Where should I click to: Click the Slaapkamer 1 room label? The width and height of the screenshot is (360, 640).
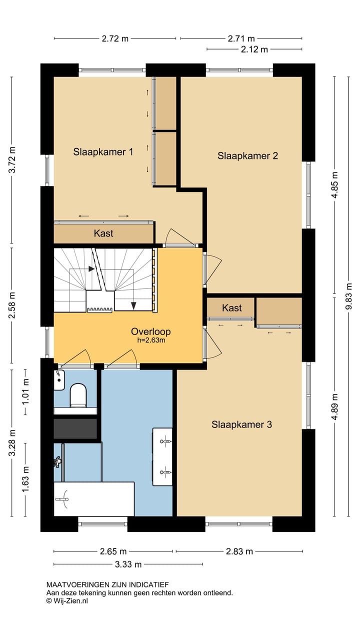coord(103,151)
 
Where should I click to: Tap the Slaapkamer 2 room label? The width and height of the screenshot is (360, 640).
coord(247,155)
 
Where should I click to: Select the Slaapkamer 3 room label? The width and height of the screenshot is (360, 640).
coord(241,424)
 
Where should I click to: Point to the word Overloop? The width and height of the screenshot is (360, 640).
coord(151,331)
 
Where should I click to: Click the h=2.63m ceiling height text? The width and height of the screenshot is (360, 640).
coord(151,340)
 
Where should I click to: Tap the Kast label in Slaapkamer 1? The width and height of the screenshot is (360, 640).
coord(103,233)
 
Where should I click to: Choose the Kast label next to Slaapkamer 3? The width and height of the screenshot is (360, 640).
coord(231,307)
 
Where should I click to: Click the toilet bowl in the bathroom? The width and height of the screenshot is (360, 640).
coord(78,395)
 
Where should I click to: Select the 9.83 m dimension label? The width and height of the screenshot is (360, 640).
coord(348,296)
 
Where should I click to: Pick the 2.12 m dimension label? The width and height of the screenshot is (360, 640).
coord(254,49)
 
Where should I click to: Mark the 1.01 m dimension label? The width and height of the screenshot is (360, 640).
coord(25,391)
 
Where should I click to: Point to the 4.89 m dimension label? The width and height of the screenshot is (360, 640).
coord(334,406)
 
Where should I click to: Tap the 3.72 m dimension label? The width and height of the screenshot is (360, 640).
coord(12,159)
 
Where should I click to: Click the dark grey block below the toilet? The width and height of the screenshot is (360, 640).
coord(75,429)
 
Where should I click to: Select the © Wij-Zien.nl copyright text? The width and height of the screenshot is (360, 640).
coord(67,600)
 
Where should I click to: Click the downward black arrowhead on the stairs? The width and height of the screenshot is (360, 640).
coord(133,305)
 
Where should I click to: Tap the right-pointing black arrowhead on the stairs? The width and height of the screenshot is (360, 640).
coord(91,269)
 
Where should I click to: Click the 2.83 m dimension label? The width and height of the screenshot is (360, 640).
coord(239,551)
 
